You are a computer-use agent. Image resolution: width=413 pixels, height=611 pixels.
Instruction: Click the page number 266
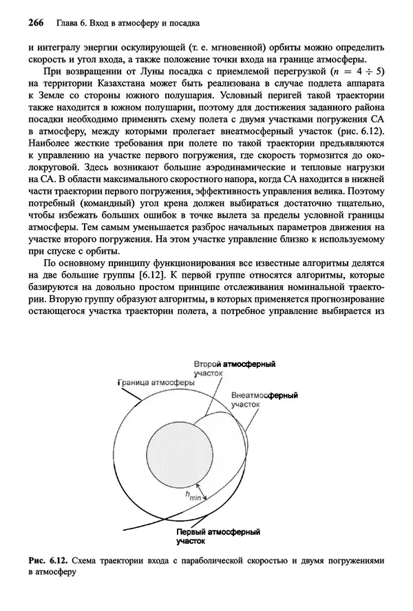click(36, 25)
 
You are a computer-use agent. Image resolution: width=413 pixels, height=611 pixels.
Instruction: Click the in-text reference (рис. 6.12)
click(357, 131)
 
